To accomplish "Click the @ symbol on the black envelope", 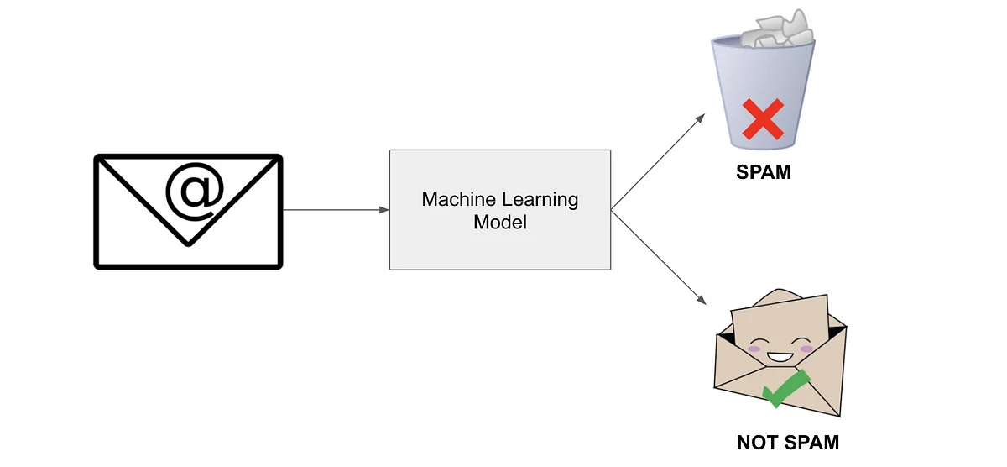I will [194, 192].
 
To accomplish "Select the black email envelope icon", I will [188, 211].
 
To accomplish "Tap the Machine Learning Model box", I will [500, 210].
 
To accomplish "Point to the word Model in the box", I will [500, 223].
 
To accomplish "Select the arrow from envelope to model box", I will [336, 210].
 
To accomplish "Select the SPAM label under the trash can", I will [764, 173].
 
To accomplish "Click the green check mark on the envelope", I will [785, 388].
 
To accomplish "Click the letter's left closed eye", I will [758, 344].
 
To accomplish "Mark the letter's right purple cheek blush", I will [807, 348].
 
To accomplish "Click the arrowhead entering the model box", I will [383, 210].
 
